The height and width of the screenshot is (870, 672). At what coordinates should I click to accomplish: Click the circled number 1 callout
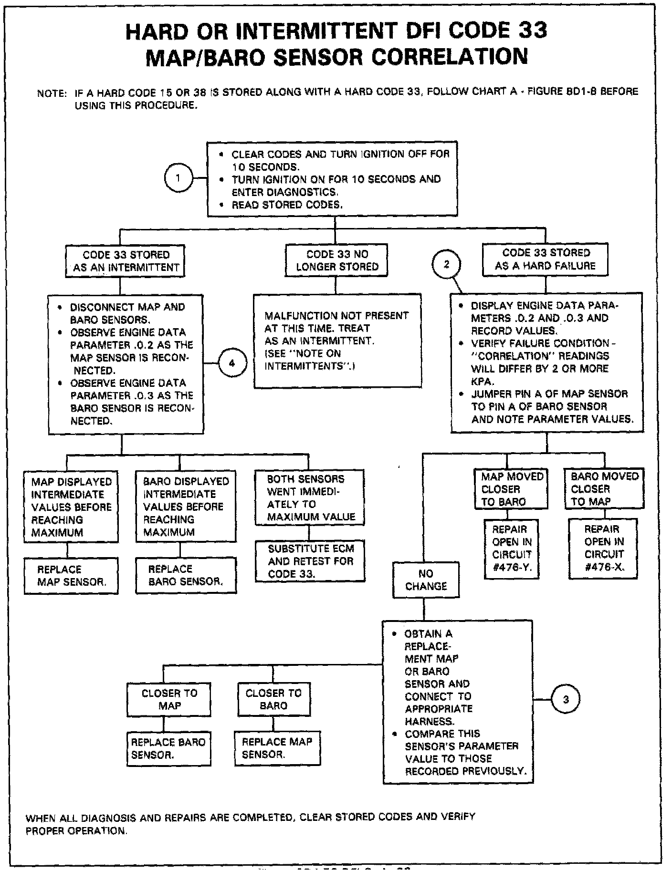click(178, 178)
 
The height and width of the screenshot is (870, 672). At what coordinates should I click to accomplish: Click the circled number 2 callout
click(446, 264)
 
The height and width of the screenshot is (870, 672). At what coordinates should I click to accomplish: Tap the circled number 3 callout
click(566, 700)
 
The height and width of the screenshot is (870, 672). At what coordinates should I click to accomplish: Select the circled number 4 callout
click(232, 363)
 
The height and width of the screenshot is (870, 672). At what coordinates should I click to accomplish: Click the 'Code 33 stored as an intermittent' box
click(125, 261)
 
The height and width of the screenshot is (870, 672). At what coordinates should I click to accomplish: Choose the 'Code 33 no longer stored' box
click(336, 260)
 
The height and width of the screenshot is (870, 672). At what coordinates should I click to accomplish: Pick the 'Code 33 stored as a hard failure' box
click(546, 259)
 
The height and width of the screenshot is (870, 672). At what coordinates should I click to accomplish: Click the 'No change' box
click(426, 580)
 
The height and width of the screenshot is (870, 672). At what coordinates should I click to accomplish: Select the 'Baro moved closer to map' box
click(604, 489)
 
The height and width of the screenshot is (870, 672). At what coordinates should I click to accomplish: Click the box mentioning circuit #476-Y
click(512, 549)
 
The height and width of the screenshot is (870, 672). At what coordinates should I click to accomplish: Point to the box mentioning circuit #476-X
click(603, 549)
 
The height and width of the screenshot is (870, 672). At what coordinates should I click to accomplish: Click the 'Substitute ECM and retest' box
click(310, 561)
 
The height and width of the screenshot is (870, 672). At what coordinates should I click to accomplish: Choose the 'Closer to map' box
click(169, 699)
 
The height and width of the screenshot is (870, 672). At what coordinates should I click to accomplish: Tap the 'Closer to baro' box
click(273, 699)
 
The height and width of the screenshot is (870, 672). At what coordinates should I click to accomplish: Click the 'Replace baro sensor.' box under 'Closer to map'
click(168, 748)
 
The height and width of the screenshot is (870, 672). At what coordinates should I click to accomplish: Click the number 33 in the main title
click(527, 31)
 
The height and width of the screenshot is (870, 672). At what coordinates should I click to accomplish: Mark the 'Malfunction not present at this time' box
click(337, 341)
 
